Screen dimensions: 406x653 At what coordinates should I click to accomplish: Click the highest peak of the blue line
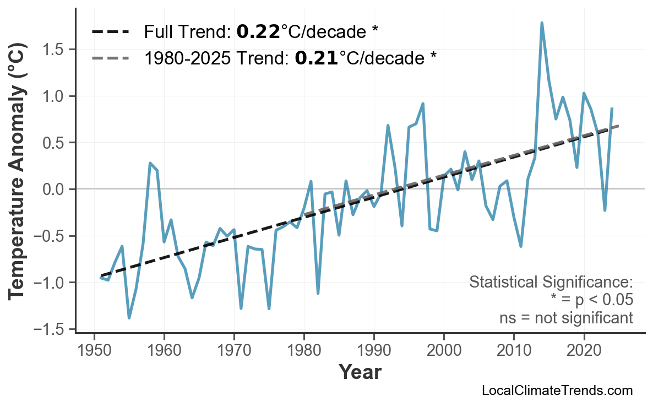pos(542,23)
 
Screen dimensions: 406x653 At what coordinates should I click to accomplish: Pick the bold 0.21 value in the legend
pos(316,57)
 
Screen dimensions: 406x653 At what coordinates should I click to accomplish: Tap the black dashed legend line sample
pos(110,31)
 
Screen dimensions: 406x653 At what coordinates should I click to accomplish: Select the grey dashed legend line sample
pos(110,57)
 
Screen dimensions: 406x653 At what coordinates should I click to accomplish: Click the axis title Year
pos(360,372)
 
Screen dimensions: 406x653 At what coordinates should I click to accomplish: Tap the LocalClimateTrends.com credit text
pos(557,391)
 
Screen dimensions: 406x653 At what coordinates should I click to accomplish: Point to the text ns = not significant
pos(565,318)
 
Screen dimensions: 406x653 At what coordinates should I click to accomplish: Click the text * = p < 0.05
pos(591,300)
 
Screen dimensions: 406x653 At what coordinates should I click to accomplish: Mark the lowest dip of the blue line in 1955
pos(129,318)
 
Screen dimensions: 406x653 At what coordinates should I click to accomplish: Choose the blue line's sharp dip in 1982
pos(318,293)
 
